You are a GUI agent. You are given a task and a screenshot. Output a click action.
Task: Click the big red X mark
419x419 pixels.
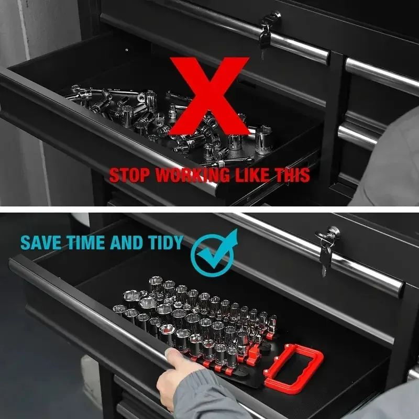[x=209, y=96]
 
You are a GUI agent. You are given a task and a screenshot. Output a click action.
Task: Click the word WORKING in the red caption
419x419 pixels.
[x=192, y=175]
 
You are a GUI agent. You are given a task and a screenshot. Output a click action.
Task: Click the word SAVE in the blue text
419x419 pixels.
[x=41, y=242]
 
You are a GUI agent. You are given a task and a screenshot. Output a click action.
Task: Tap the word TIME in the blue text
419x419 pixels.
[x=85, y=242]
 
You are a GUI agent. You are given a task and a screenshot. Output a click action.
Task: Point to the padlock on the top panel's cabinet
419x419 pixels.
[x=264, y=40]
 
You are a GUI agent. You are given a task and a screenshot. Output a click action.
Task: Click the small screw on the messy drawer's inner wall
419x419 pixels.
[x=127, y=50]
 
